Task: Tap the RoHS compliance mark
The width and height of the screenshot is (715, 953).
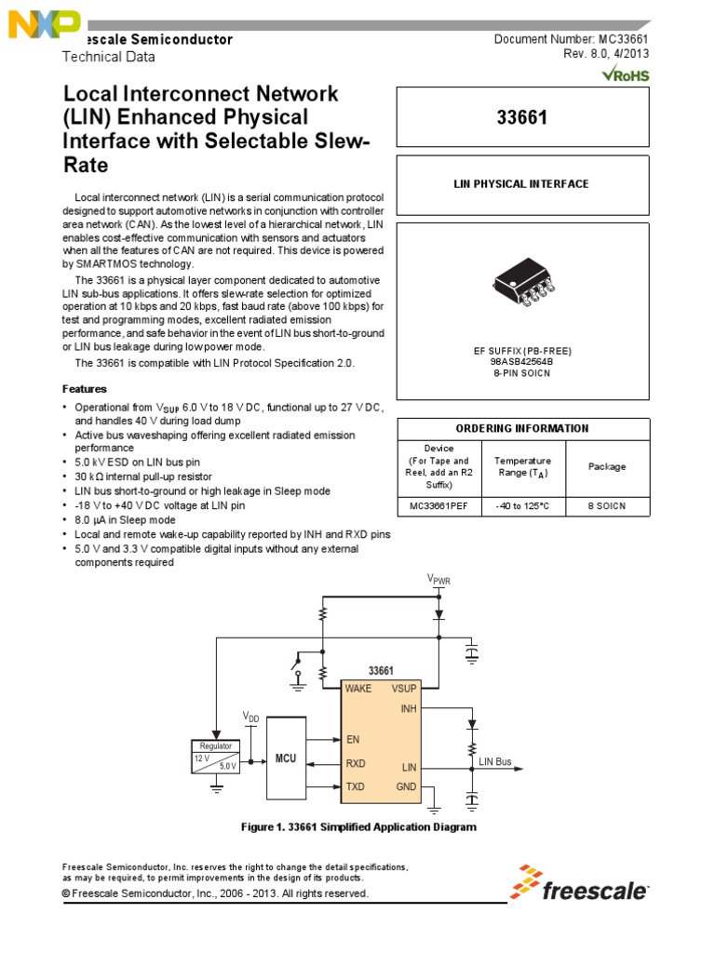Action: pyautogui.click(x=625, y=74)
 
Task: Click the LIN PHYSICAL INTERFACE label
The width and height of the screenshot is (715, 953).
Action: pyautogui.click(x=521, y=184)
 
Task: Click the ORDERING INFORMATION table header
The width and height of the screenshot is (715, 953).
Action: pyautogui.click(x=521, y=428)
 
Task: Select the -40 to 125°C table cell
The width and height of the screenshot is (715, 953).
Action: pyautogui.click(x=522, y=505)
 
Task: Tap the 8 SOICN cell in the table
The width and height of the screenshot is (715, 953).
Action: pyautogui.click(x=606, y=505)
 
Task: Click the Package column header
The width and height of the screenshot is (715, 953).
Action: pyautogui.click(x=606, y=467)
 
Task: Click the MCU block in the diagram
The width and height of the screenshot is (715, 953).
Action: pyautogui.click(x=285, y=758)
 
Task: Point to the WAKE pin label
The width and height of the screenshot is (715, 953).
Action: pyautogui.click(x=358, y=689)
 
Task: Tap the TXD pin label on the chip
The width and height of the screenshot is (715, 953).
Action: pyautogui.click(x=356, y=787)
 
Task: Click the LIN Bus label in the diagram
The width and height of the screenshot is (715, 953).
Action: pyautogui.click(x=495, y=761)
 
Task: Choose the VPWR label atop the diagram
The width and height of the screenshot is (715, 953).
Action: pyautogui.click(x=439, y=579)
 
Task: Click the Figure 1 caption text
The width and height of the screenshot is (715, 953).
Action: pyautogui.click(x=357, y=826)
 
